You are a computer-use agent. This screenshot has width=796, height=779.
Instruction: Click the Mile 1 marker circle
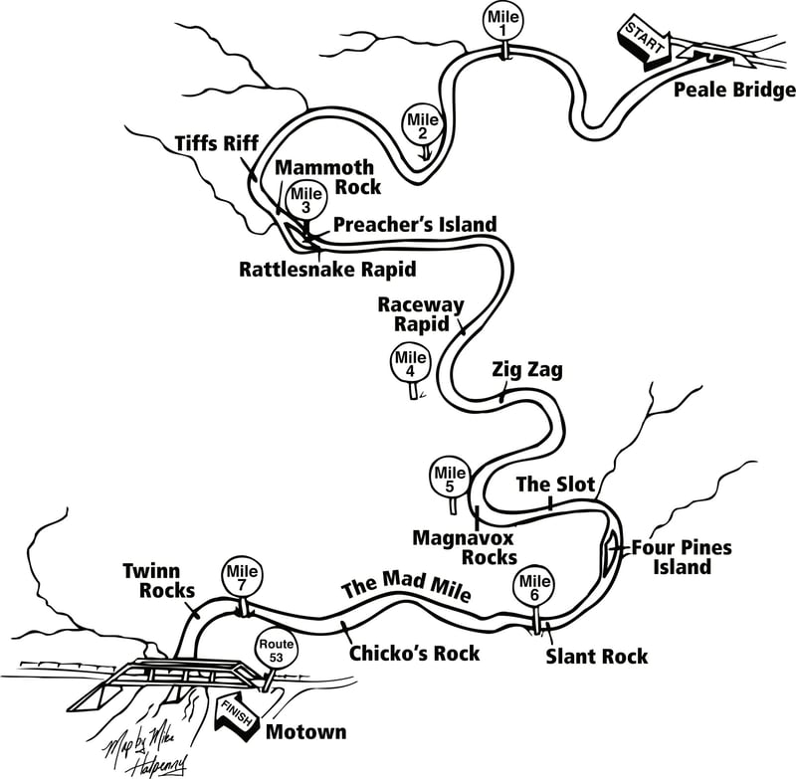tap(503, 22)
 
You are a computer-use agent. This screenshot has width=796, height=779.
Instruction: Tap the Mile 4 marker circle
tap(411, 364)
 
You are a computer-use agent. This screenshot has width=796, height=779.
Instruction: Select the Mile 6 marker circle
tap(534, 588)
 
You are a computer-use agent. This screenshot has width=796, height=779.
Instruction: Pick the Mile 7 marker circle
tap(242, 577)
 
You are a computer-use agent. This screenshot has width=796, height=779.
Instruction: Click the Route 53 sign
tap(277, 651)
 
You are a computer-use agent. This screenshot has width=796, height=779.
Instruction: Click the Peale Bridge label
tap(734, 91)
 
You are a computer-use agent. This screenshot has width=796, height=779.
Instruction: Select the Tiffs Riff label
tap(217, 143)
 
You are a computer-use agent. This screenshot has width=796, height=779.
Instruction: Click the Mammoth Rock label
tap(327, 177)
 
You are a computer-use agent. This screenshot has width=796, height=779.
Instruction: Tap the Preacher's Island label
tap(415, 224)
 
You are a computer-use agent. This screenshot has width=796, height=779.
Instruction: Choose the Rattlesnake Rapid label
tap(327, 269)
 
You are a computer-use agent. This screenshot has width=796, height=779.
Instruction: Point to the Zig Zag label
tap(527, 370)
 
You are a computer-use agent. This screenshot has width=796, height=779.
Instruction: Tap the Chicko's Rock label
tap(414, 653)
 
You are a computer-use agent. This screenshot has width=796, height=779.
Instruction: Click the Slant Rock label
tap(596, 657)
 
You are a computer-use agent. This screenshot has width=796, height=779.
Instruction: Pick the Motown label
tap(306, 732)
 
